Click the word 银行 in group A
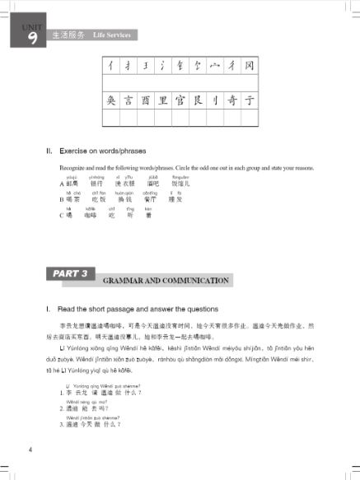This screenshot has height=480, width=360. click(x=96, y=183)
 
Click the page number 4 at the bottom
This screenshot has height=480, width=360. click(x=30, y=450)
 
